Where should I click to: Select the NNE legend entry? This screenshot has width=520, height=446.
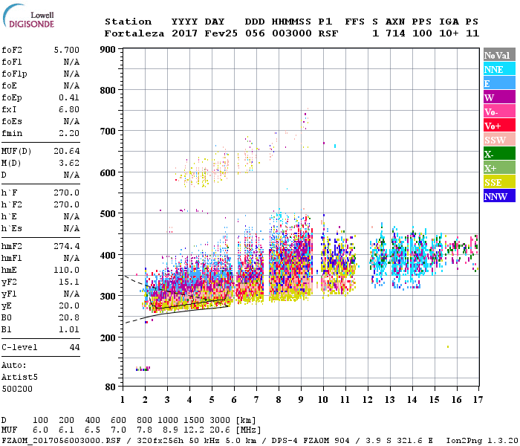pos(498,69)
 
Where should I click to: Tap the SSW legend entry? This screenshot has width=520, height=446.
pos(498,140)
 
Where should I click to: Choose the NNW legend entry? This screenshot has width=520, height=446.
pos(498,196)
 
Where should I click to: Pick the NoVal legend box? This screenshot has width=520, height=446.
pos(498,55)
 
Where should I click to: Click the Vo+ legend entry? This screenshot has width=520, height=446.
pos(498,126)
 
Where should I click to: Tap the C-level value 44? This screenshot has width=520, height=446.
pos(74,347)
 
